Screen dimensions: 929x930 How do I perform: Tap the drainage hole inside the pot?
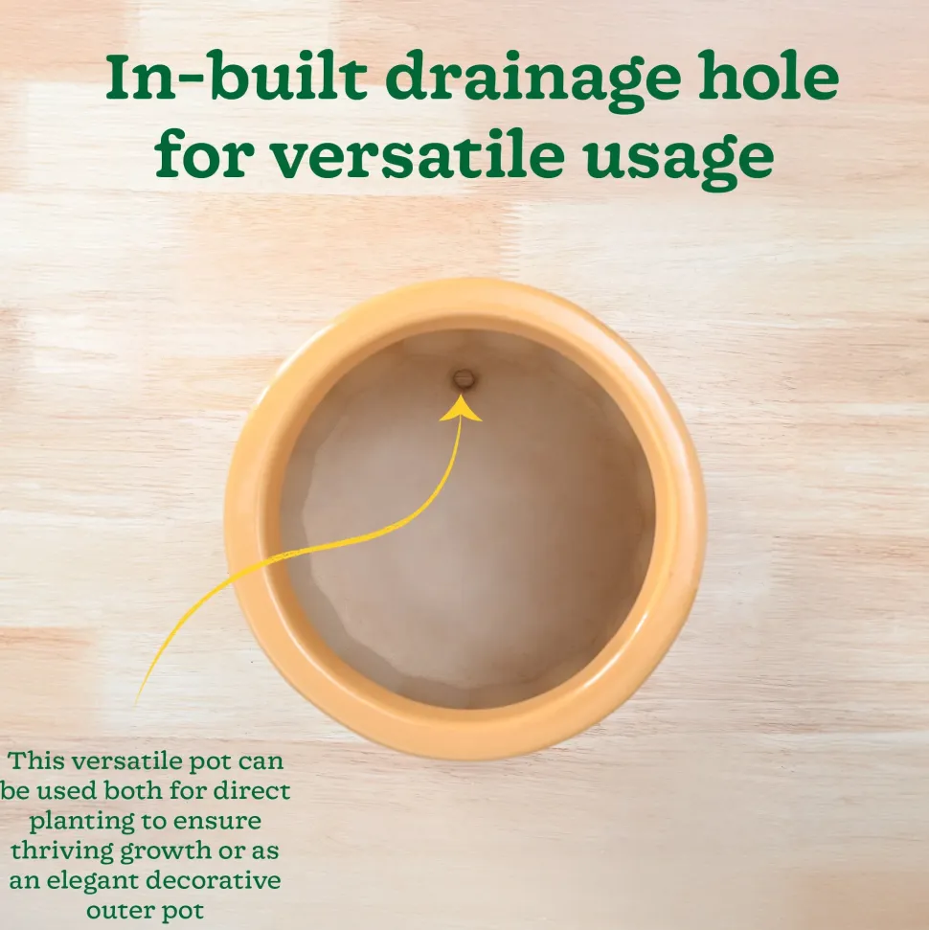pos(464,378)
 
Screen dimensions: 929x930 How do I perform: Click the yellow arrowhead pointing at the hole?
pos(461,409)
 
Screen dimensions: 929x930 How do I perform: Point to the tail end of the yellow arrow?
pos(138,702)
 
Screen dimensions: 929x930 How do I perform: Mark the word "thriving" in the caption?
pos(63,851)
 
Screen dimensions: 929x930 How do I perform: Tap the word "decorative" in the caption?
pos(214,880)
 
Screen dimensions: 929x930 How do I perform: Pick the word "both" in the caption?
pos(135,790)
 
